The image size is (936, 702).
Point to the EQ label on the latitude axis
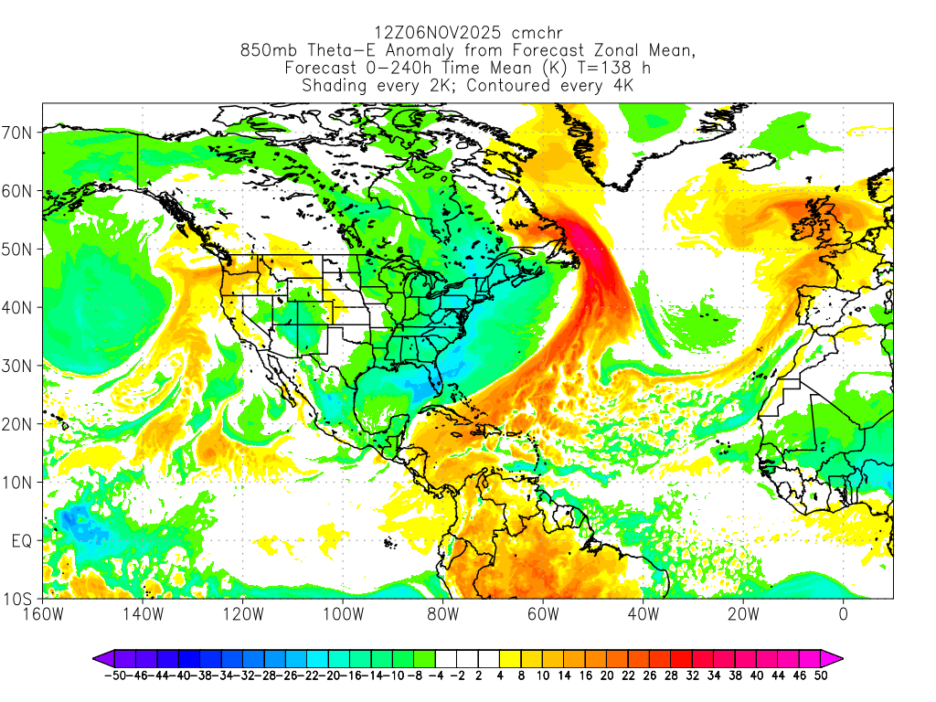pos(22,540)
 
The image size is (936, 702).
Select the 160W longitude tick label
pos(44,613)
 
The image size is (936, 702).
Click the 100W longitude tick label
pos(343,613)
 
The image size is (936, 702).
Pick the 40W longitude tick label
pos(643,613)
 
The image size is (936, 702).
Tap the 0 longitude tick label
pos(843,613)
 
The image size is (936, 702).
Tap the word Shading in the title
pos(335,86)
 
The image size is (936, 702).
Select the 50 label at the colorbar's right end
pos(822,676)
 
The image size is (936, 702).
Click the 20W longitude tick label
pos(742,613)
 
